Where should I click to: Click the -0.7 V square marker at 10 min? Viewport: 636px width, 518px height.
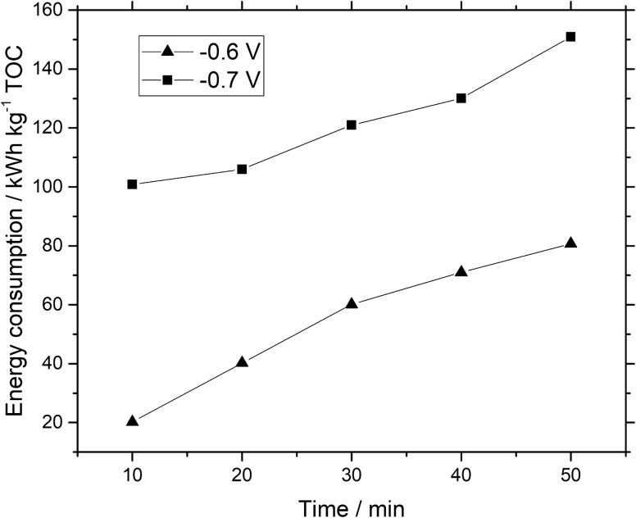pos(132,184)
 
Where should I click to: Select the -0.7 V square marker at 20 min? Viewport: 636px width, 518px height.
pos(242,169)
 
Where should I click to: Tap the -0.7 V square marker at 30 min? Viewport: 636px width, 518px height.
pos(352,125)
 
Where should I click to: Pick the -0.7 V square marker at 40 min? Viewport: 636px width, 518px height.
pos(461,98)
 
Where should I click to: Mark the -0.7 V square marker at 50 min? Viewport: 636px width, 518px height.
pos(571,37)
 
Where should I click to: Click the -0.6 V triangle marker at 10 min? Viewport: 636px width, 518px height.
pos(132,421)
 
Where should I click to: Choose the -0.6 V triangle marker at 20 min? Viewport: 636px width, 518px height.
pos(242,361)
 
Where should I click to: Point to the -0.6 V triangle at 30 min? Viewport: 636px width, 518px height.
pos(352,303)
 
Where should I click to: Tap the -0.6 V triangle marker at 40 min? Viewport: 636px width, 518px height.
pos(461,270)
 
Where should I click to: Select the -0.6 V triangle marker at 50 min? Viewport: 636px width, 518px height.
pos(571,243)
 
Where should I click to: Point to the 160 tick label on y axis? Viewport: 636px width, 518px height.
pos(52,10)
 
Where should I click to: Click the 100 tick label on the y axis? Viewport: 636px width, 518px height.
pos(52,187)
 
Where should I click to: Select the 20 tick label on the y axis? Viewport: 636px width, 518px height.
pos(57,423)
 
